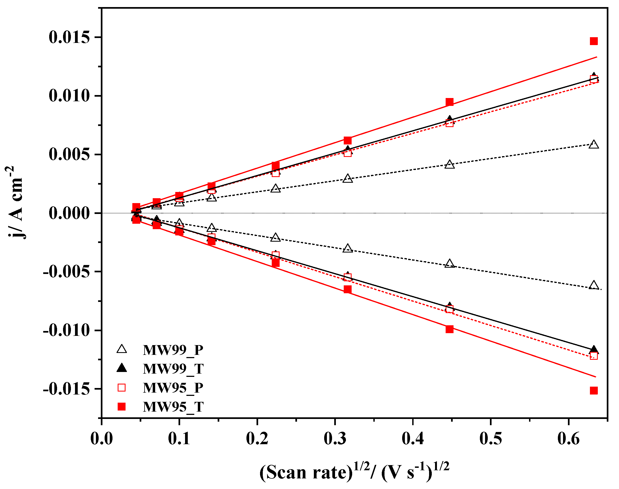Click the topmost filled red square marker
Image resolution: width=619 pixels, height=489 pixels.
(x=593, y=41)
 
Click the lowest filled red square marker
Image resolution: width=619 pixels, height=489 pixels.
(x=593, y=390)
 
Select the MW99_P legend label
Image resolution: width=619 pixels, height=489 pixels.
(x=173, y=350)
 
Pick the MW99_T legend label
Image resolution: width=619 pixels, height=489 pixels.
(x=173, y=369)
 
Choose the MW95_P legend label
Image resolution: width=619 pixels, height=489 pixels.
(x=173, y=388)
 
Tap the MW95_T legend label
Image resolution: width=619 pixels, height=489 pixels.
(x=173, y=407)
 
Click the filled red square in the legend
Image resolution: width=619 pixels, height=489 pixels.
(x=122, y=406)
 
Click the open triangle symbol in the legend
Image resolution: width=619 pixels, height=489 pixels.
(x=122, y=349)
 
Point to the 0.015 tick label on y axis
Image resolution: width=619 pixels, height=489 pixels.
(x=69, y=37)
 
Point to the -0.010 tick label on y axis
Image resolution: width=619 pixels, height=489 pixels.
(x=67, y=330)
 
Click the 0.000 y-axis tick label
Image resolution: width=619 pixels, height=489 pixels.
(x=69, y=213)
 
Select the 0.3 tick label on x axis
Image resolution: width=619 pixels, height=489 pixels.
(x=335, y=438)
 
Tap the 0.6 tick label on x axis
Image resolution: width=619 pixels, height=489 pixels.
(x=568, y=438)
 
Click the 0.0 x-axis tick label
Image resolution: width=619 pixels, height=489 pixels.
(x=101, y=438)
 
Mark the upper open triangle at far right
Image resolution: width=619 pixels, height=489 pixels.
(x=594, y=144)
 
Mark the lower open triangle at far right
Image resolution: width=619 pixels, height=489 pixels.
(x=594, y=285)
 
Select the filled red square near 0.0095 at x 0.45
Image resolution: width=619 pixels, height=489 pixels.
(x=449, y=102)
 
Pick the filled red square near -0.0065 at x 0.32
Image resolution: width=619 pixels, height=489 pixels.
(x=348, y=289)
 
